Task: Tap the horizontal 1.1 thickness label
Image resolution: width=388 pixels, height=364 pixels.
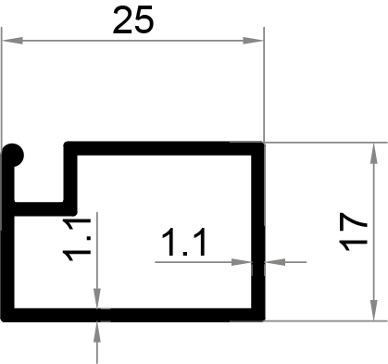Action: pos(182,245)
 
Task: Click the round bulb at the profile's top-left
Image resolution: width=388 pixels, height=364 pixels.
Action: pos(15,155)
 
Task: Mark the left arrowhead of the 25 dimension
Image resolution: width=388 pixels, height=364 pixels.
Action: pos(11,40)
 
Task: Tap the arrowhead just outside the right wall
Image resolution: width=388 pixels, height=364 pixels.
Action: pos(275,262)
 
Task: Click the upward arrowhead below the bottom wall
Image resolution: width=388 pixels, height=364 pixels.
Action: pos(97,330)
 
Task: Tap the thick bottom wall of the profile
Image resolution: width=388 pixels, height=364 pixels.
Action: pos(139,313)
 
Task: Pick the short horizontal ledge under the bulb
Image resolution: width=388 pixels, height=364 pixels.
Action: pos(42,207)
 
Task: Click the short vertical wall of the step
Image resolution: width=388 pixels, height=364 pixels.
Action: pos(70,176)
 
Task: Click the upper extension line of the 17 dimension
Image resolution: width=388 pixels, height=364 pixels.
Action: pos(324,143)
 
